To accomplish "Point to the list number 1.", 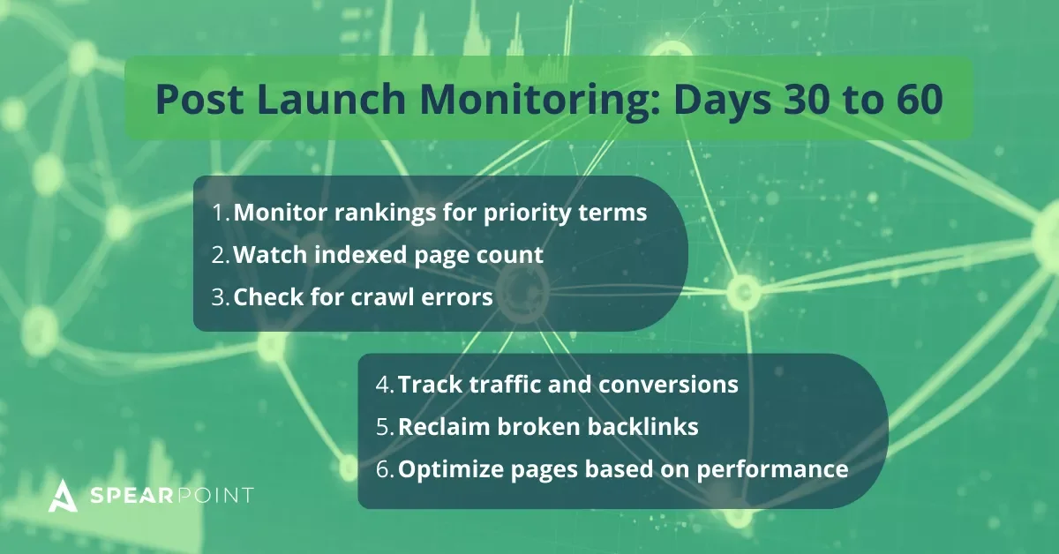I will point(220,213).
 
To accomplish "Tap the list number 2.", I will point(220,255).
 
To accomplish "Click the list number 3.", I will point(220,297).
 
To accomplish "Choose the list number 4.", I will point(385,386).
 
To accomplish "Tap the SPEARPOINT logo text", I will point(173,496).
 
